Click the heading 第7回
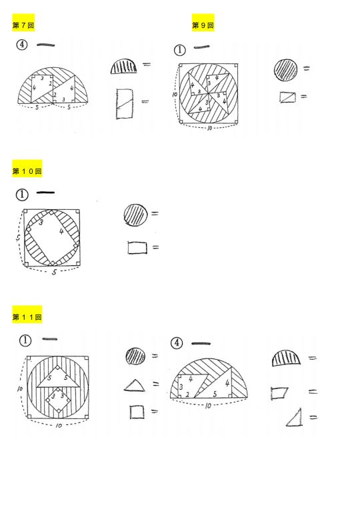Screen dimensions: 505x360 (x=23, y=25)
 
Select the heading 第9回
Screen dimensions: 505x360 (x=203, y=25)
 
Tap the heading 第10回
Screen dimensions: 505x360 (x=27, y=171)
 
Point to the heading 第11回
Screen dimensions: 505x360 (x=27, y=317)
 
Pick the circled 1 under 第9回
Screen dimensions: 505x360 (x=179, y=49)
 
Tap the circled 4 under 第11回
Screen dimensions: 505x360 (x=177, y=343)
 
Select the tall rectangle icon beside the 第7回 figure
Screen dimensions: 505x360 (x=125, y=103)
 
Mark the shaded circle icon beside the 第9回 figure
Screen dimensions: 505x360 (x=285, y=69)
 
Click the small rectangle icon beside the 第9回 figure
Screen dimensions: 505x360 (x=287, y=97)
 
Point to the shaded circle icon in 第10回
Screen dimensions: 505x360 (x=135, y=215)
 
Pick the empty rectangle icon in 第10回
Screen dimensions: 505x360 (x=136, y=249)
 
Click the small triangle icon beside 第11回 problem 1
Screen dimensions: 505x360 (x=134, y=385)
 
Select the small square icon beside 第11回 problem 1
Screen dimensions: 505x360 (x=137, y=412)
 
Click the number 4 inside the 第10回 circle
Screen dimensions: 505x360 (x=61, y=232)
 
